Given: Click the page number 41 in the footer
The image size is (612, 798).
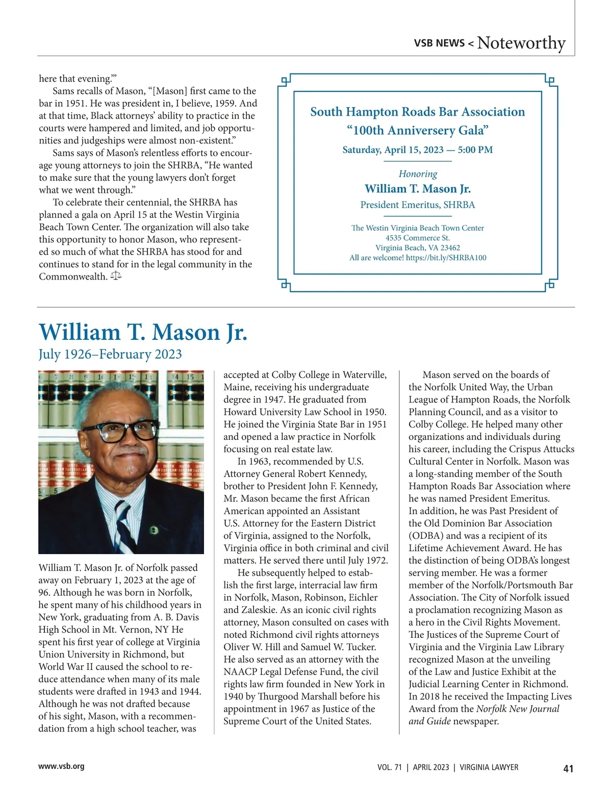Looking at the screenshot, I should tap(568, 768).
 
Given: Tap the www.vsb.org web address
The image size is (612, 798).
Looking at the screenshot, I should tap(61, 766).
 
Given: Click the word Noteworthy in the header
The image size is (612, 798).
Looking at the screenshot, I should tap(521, 43).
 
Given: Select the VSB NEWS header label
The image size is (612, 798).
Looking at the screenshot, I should tap(439, 43).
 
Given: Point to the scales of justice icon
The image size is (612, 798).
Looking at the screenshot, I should tap(116, 276).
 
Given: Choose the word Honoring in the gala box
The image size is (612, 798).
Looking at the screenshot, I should tap(418, 174).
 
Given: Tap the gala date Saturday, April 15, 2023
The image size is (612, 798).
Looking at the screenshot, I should tap(393, 150).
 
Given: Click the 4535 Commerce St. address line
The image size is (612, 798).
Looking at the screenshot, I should tap(418, 238).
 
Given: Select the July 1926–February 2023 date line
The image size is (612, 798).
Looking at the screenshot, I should tap(110, 354).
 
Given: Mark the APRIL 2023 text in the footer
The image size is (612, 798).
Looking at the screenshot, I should tap(431, 767).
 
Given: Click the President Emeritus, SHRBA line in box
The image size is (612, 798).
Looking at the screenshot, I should tap(418, 205).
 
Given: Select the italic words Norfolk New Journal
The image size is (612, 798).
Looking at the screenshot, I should tap(518, 709).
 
